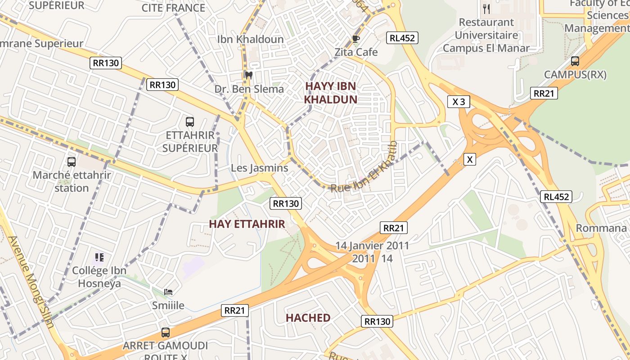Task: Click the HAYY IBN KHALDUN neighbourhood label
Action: [x=331, y=93]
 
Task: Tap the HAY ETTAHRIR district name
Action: [x=247, y=224]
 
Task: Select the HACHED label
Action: [x=308, y=318]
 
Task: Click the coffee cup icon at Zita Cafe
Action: [x=355, y=39]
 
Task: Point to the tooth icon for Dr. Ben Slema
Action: [x=247, y=75]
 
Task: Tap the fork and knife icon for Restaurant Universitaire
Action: [x=486, y=9]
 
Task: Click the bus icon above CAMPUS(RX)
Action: [x=575, y=61]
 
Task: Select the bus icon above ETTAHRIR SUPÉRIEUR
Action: [x=190, y=121]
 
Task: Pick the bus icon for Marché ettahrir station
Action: [x=72, y=162]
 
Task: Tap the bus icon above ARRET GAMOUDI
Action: [x=166, y=333]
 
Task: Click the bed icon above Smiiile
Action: [x=168, y=292]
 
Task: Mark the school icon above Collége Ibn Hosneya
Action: [x=99, y=257]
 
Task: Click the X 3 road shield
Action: [x=459, y=102]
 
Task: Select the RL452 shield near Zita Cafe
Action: [x=402, y=38]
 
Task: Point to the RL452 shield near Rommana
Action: [x=556, y=197]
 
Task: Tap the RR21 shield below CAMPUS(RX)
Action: [x=544, y=93]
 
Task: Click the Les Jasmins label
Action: [x=259, y=168]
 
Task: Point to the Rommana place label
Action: [x=601, y=228]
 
